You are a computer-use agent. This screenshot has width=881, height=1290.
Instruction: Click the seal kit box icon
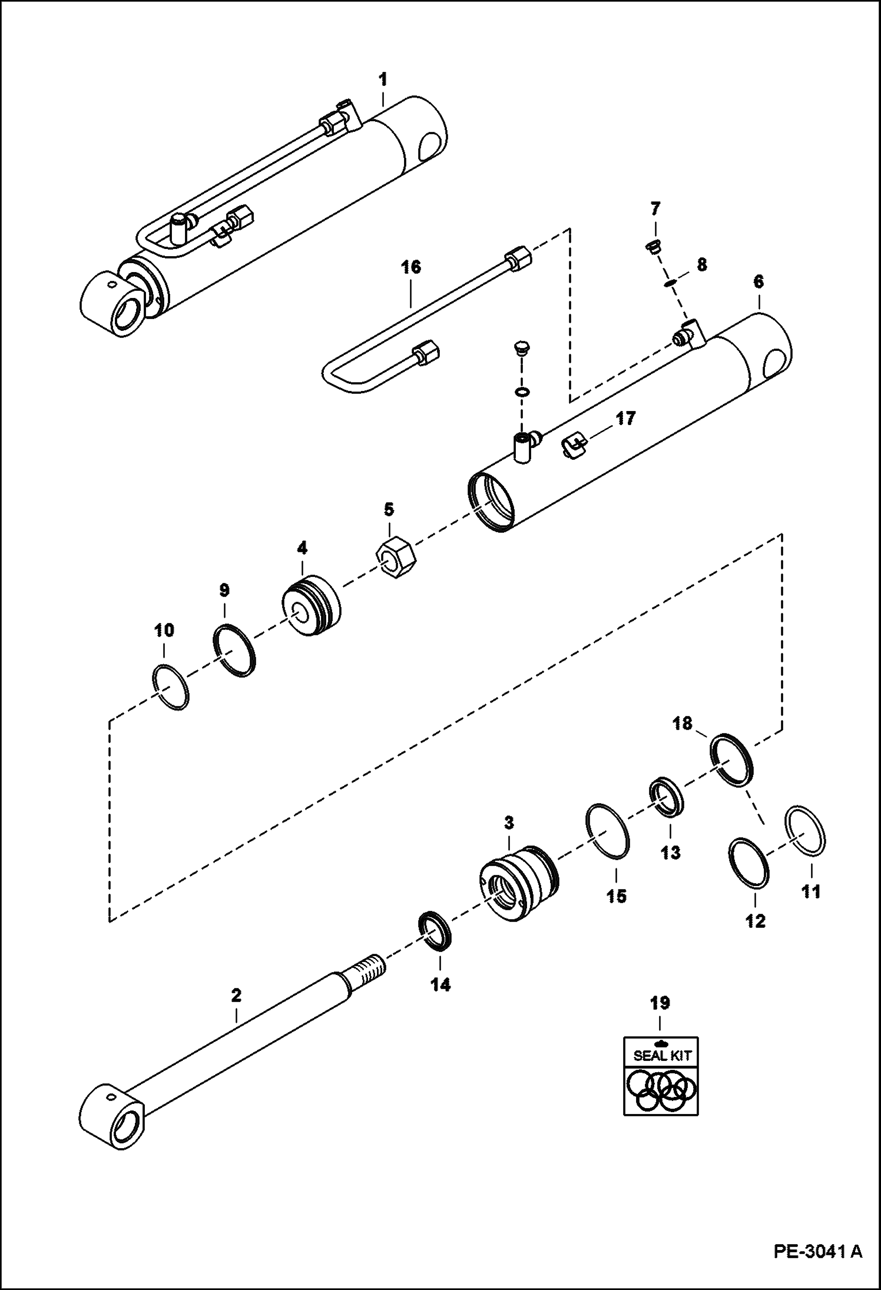pos(661,1076)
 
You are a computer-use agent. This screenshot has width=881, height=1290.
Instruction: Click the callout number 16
pos(411,268)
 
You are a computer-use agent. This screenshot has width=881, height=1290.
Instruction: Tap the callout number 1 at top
pos(383,79)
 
